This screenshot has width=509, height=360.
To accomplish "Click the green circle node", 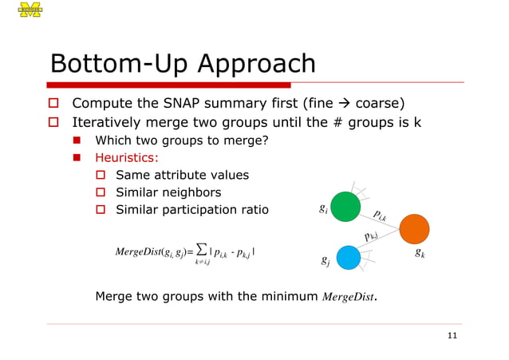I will [x=345, y=206].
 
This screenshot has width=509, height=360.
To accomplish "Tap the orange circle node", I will [x=414, y=229].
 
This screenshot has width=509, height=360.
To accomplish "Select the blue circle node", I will [x=348, y=256].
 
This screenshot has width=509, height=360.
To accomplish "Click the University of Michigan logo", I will [x=30, y=10].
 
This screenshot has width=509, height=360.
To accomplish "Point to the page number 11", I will [x=452, y=335].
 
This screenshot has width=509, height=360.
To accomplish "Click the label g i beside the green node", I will [x=322, y=210].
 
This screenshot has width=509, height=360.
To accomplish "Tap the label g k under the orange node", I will [x=420, y=254].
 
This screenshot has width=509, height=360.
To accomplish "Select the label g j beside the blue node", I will [x=322, y=261].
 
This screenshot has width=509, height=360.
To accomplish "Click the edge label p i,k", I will [x=379, y=215].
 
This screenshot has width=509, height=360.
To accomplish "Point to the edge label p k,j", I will [x=369, y=235].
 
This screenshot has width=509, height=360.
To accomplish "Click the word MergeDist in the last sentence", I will [x=348, y=298].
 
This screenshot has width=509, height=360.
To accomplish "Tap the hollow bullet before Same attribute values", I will [x=101, y=176].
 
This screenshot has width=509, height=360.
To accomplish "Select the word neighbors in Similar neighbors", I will [x=191, y=192].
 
